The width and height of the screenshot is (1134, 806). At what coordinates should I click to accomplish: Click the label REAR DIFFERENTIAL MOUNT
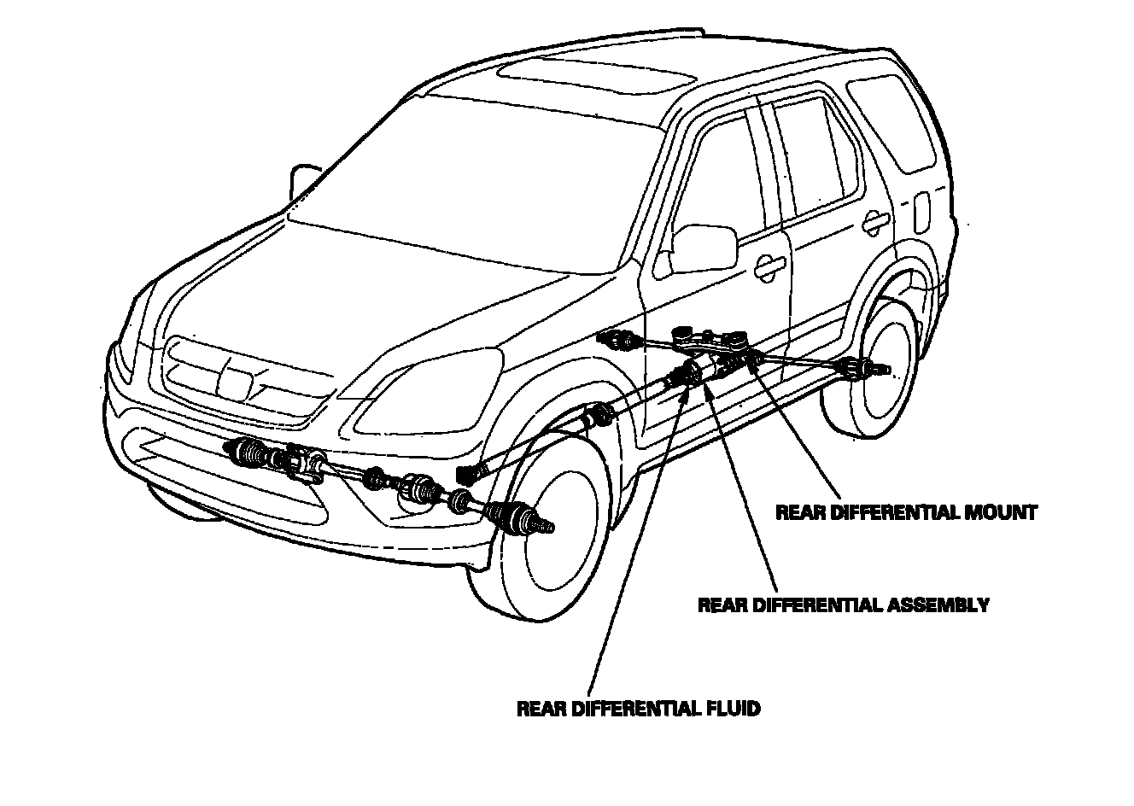coord(906,512)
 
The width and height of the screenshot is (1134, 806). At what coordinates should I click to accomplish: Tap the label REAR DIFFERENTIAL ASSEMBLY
coord(844,605)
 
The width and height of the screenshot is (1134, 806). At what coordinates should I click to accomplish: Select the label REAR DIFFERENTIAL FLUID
coord(638,709)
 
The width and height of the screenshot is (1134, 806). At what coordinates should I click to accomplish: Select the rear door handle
coord(874,224)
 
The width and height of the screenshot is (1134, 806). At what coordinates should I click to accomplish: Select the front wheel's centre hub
coord(547,527)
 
